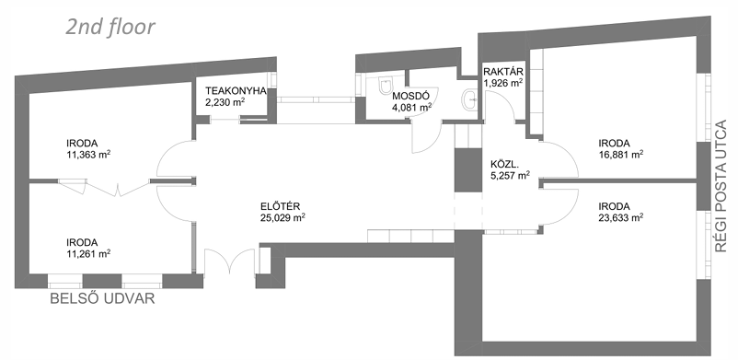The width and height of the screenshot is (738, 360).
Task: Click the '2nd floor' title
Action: point(110,28)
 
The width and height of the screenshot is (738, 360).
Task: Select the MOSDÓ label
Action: point(411,96)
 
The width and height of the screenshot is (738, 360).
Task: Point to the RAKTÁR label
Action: point(503,72)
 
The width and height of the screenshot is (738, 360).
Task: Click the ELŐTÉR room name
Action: point(281,206)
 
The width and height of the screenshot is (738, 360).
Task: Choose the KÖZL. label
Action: point(504,166)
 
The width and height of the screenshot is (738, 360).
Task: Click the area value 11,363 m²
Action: point(88,154)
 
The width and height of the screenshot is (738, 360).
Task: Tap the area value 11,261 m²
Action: point(88,254)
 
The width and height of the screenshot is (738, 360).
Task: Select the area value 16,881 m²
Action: point(621,154)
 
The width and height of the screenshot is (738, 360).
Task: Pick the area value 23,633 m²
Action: point(621,217)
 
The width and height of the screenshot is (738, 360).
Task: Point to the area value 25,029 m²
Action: point(283,217)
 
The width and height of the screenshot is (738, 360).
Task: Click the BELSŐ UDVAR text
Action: point(102,298)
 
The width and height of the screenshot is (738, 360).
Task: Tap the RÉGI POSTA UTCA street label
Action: point(721,187)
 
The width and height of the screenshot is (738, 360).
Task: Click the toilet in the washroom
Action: point(386,86)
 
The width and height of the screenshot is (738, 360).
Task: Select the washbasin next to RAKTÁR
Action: point(470,99)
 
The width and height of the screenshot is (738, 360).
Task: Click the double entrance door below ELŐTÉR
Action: point(229,261)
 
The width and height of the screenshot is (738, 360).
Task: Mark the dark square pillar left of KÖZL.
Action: point(467,170)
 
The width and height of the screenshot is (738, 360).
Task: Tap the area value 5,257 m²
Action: point(510,176)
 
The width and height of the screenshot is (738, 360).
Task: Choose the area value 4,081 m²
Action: point(412,107)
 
